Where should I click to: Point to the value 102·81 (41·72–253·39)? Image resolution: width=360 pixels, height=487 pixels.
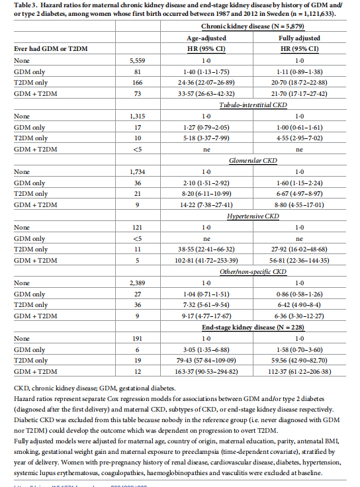pos(218,260)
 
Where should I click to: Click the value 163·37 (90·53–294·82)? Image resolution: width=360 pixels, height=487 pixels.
pos(218,371)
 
